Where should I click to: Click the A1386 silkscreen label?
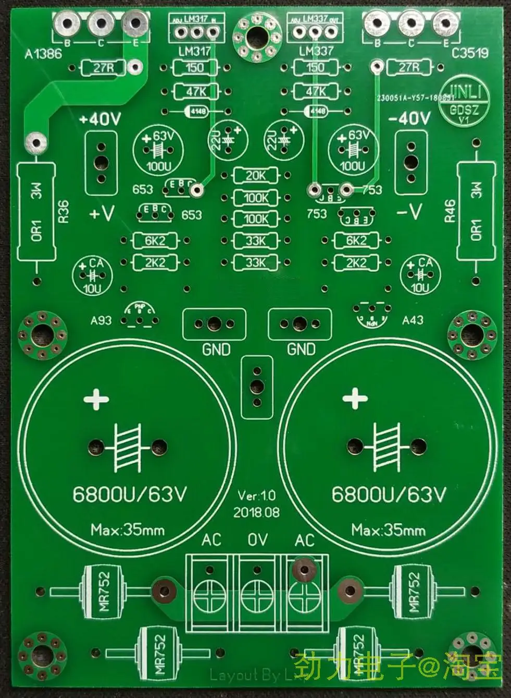[x=43, y=53]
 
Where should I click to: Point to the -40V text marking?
[x=410, y=119]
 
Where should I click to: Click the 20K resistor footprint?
[x=255, y=176]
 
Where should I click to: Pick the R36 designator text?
[x=63, y=212]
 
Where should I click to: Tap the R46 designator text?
[x=450, y=212]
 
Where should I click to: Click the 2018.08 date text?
[x=256, y=512]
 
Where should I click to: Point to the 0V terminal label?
[x=257, y=540]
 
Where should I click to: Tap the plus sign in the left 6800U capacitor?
[x=97, y=401]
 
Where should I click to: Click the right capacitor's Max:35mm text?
[x=388, y=531]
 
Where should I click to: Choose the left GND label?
[x=216, y=349]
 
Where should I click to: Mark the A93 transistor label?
[x=101, y=320]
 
